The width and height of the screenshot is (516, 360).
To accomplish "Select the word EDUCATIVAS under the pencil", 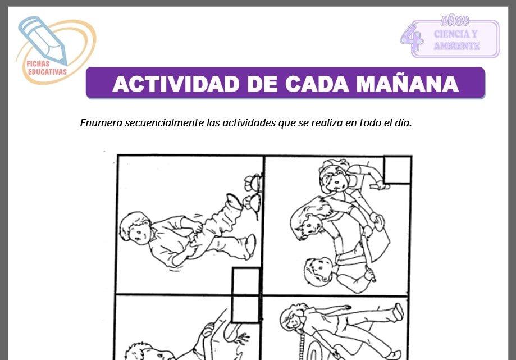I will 46,71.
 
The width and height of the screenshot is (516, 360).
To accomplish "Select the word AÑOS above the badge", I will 454,21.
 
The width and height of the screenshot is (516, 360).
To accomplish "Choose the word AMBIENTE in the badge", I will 456,46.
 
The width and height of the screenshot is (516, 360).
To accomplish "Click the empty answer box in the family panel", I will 397,170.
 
